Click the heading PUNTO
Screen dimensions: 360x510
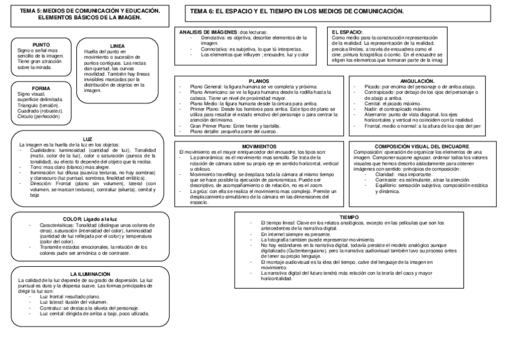click(41, 45)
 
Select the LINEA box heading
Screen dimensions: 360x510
click(117, 46)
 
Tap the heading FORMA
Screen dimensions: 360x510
click(41, 88)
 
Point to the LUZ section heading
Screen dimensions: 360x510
click(88, 139)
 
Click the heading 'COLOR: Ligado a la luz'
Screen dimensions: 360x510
click(88, 219)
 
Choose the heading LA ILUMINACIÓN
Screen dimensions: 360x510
click(88, 273)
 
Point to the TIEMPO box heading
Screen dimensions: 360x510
click(349, 216)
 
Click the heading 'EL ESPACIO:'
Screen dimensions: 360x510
click(347, 31)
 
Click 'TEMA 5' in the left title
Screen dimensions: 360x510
click(32, 11)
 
